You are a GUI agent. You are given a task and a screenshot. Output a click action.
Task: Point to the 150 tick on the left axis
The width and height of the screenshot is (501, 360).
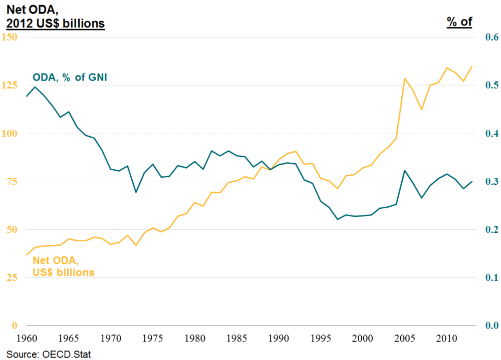10,37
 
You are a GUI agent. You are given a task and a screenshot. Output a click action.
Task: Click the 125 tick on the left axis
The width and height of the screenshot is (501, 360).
10,85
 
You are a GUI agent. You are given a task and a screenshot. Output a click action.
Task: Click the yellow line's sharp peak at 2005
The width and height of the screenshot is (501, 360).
404,79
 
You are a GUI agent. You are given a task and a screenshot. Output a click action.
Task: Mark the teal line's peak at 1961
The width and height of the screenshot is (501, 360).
35,87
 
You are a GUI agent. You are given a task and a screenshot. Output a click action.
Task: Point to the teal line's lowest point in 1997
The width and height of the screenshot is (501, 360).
337,219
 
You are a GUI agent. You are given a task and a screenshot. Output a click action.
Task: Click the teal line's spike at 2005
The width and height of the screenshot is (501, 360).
404,170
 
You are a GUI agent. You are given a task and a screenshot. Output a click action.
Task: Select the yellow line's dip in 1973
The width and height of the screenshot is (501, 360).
136,245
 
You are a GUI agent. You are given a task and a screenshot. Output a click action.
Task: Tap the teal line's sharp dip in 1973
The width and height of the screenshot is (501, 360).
136,192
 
